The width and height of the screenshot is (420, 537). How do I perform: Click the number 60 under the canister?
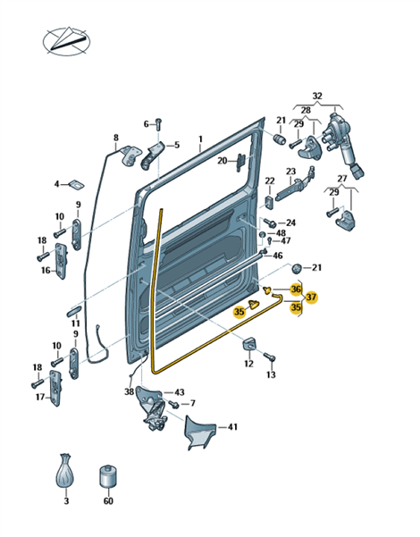pyautogui.click(x=108, y=500)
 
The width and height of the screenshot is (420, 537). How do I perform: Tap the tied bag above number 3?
pyautogui.click(x=65, y=473)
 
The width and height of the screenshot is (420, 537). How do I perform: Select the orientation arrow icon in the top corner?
pyautogui.click(x=66, y=41)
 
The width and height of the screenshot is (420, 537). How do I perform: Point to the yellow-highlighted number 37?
pyautogui.click(x=311, y=297)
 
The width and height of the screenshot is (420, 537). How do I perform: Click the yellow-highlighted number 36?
pyautogui.click(x=295, y=289)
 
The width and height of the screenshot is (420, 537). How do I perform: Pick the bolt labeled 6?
pyautogui.click(x=158, y=124)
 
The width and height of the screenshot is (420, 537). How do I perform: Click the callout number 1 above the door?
pyautogui.click(x=200, y=139)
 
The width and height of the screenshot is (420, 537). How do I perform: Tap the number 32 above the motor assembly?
pyautogui.click(x=317, y=96)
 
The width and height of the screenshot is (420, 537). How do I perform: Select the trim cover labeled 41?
pyautogui.click(x=200, y=432)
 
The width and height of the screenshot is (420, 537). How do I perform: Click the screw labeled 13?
pyautogui.click(x=270, y=357)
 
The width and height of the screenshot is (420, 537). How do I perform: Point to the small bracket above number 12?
pyautogui.click(x=249, y=343)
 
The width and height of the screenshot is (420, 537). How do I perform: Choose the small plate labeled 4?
pyautogui.click(x=77, y=184)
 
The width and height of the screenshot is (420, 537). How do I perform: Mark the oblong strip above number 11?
pyautogui.click(x=72, y=312)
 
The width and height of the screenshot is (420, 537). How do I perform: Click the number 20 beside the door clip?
pyautogui.click(x=223, y=160)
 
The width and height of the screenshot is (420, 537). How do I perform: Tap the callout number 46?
pyautogui.click(x=278, y=256)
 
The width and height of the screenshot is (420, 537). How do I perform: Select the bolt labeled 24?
pyautogui.click(x=270, y=222)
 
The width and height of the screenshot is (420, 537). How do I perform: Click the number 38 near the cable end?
pyautogui.click(x=129, y=391)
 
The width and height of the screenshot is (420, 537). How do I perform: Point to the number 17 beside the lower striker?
pyautogui.click(x=40, y=397)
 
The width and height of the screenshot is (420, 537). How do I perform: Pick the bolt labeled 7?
pyautogui.click(x=173, y=404)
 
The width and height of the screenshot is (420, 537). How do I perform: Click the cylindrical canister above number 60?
pyautogui.click(x=107, y=476)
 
